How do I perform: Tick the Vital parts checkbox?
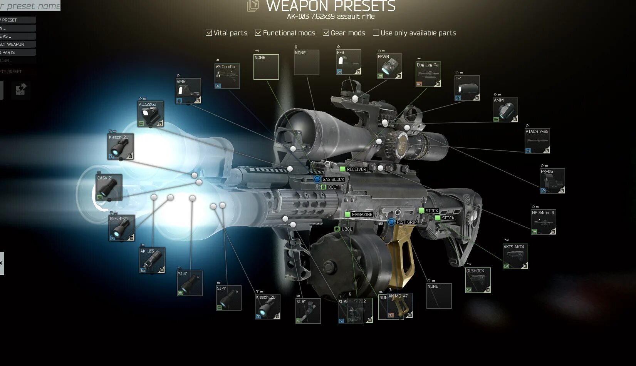coord(209,33)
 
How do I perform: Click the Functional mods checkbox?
coord(258,33)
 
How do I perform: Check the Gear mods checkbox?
coord(326,33)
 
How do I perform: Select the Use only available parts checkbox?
coord(376,33)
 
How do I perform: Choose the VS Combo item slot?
coord(227,76)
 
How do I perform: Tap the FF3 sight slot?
coord(349,62)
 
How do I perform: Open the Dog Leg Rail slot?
coord(428,74)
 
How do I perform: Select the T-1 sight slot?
coord(467,88)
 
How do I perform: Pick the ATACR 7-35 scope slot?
coord(537,141)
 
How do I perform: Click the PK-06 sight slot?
coord(552,181)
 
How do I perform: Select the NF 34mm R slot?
coord(543,222)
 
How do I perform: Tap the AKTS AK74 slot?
coord(515,256)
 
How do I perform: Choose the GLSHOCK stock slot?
coord(478,280)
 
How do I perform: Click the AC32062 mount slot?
coord(151,114)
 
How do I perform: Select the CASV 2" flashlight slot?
coord(109,187)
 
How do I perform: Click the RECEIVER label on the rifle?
coord(356,169)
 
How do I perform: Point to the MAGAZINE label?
coord(362,214)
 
